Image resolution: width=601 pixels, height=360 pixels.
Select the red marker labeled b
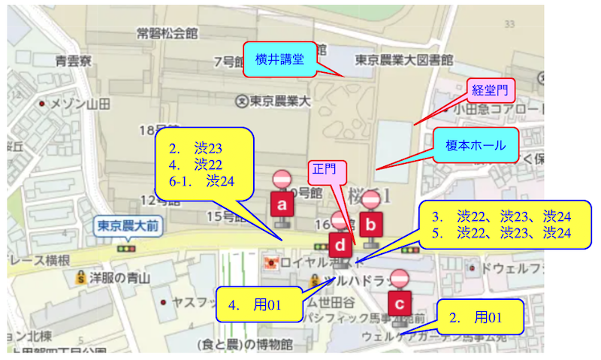[x=370, y=223]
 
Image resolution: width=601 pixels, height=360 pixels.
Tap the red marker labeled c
[x=400, y=304]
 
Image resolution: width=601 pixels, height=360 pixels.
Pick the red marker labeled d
[x=341, y=245]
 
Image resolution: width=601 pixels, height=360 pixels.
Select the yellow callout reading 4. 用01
[x=255, y=304]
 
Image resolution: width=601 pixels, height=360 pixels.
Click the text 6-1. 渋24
[x=201, y=181]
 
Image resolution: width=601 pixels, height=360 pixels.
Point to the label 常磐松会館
[x=167, y=33]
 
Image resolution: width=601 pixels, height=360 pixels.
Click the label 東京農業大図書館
[x=404, y=59]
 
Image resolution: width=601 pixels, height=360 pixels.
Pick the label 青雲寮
[x=74, y=60]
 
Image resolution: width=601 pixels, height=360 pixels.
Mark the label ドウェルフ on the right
[x=511, y=268]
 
